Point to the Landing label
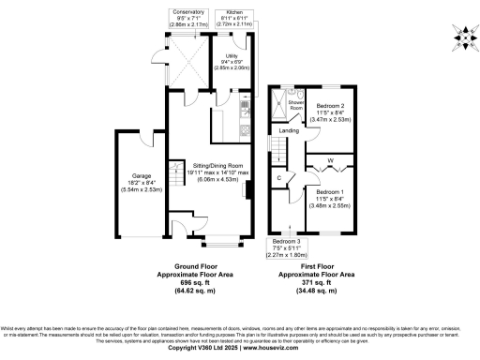pos(290,131)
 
